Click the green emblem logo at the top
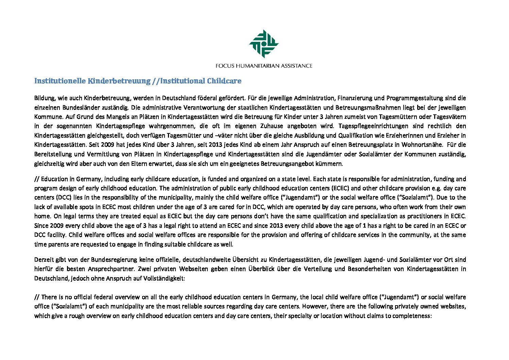[x=264, y=44]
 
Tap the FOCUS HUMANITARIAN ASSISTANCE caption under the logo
[x=264, y=66]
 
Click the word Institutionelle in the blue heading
[x=60, y=81]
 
